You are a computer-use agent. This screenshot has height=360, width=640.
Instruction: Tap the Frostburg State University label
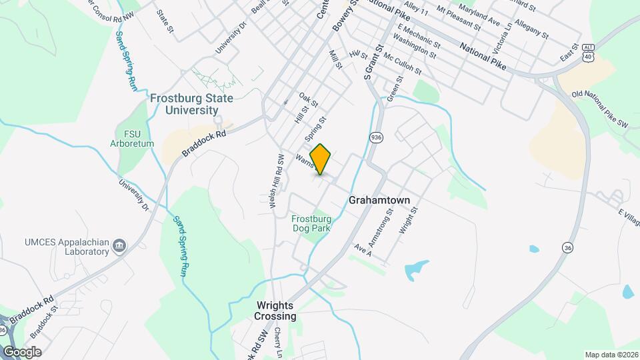(x=191, y=104)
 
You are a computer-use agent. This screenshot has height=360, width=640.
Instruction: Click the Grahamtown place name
(x=379, y=200)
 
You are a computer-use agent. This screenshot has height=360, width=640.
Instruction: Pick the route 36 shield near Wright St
(x=567, y=245)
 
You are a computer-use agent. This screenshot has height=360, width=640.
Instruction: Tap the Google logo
(x=21, y=351)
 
